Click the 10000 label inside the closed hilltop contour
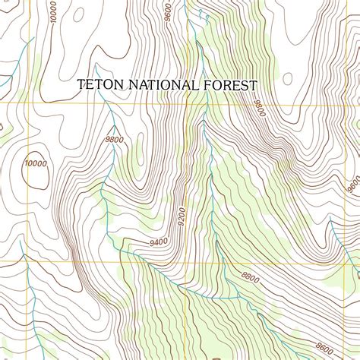[35, 163]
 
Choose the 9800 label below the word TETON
[114, 139]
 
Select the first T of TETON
[81, 86]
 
